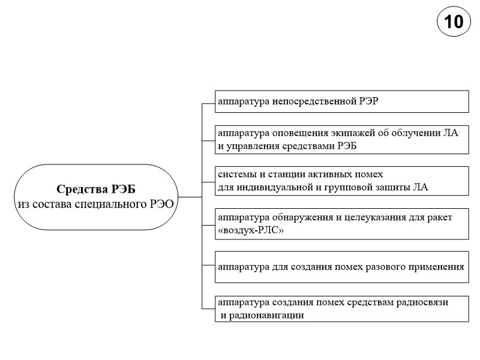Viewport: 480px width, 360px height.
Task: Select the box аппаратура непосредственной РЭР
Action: pos(342,101)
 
